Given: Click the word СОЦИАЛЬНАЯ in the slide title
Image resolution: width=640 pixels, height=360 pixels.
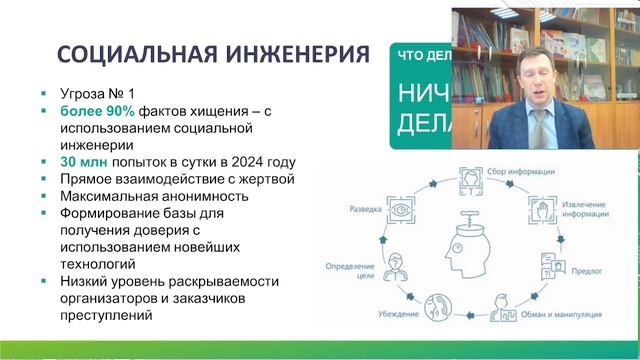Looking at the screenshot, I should coord(133,53).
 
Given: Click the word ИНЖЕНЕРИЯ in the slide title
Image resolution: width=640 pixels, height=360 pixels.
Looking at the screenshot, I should coord(292,53).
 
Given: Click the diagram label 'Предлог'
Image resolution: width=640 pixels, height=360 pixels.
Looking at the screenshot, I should coord(582,267).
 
